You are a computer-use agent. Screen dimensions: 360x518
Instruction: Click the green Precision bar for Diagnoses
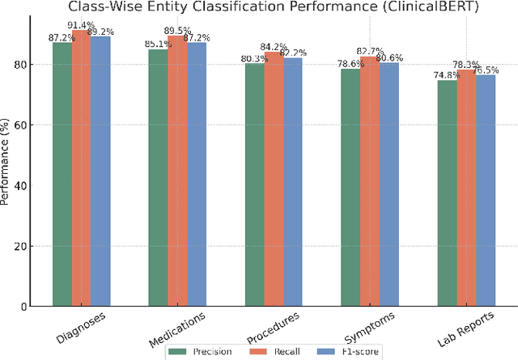(62, 174)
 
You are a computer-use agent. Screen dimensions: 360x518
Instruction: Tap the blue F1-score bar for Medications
(197, 174)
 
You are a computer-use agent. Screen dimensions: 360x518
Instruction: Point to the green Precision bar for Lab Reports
(448, 193)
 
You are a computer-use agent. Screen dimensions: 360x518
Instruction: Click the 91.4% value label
(80, 26)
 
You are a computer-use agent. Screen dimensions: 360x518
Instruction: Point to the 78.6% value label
(351, 63)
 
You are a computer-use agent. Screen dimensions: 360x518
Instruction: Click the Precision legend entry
(206, 352)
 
